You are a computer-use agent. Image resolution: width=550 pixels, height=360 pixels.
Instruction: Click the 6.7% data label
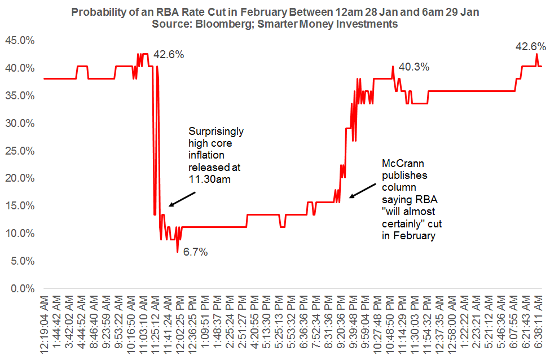pos(195,252)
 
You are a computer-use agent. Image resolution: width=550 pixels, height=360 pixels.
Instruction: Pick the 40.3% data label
pos(414,67)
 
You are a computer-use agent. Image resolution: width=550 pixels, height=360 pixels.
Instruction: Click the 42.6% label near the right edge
pos(531,47)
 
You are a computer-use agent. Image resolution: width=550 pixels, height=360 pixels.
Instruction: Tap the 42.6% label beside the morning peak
pos(169,55)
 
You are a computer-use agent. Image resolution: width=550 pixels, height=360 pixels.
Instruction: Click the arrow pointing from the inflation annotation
pos(182,199)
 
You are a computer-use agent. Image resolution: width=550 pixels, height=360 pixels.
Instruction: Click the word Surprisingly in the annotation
pos(216,131)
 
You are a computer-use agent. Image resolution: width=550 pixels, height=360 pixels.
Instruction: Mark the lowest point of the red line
pos(177,251)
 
